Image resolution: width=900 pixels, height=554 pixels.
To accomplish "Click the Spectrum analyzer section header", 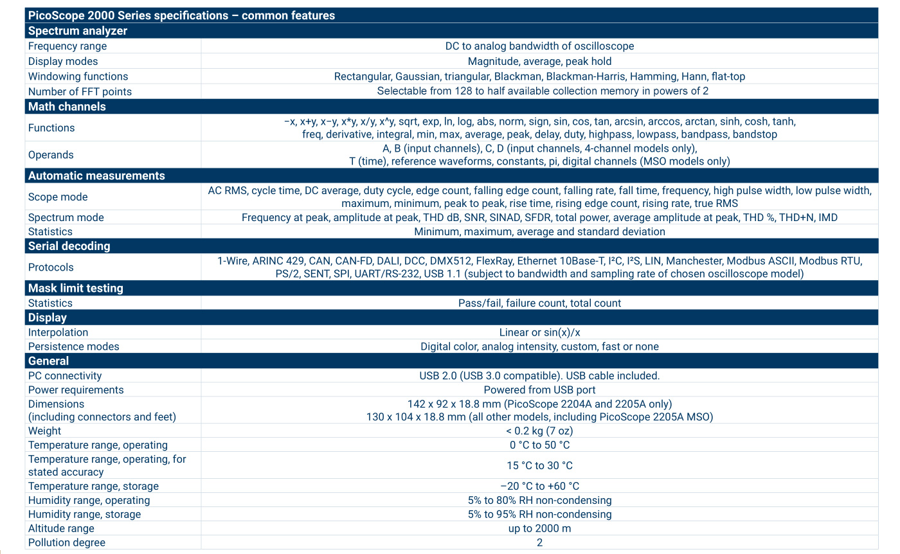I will point(78,31).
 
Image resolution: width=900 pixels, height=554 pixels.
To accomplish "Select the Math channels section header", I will point(67,107).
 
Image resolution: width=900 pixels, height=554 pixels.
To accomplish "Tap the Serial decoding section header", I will point(69,246).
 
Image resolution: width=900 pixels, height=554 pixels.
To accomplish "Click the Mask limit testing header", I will point(75,288).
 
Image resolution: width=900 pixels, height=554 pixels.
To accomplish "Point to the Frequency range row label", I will point(67,46).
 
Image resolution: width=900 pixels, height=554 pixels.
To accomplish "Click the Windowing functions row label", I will point(78,76).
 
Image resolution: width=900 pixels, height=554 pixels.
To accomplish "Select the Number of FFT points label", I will point(80,91).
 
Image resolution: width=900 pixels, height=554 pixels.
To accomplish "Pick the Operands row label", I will point(51,155).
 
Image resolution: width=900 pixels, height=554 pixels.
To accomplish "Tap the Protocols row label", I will point(51,267).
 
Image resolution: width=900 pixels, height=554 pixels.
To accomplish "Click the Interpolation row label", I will point(58,332).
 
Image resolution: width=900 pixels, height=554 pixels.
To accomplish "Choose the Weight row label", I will point(44,431).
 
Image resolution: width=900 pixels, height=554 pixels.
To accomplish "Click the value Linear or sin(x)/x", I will point(539,332).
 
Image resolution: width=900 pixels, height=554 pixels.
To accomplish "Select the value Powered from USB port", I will point(539,389).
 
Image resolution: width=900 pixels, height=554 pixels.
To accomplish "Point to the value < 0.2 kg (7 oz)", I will point(539,431).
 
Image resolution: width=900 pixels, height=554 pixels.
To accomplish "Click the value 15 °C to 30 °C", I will point(539,465).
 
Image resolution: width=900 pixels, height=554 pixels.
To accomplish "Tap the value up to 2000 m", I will point(539,528).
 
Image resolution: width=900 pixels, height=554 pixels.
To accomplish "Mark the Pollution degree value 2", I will point(539,542).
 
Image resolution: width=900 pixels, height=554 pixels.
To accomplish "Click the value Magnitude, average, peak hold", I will point(539,62).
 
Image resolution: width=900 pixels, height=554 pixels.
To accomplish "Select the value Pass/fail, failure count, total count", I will point(539,303).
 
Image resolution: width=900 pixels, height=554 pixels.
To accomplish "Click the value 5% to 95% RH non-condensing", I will point(539,514).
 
